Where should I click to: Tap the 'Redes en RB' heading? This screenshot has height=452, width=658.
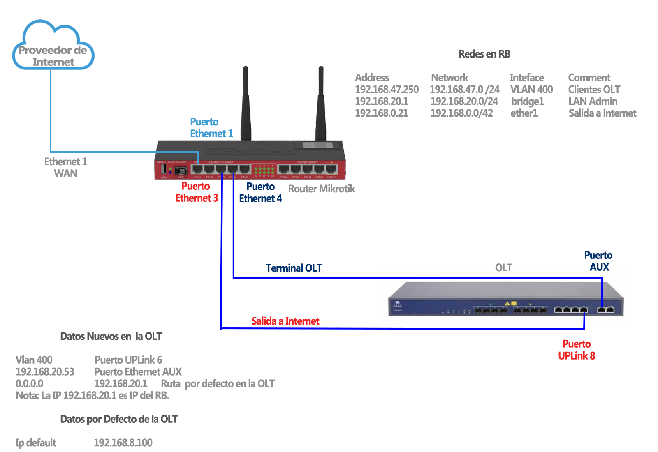click(484, 54)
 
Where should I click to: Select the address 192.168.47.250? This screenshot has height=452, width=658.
click(387, 90)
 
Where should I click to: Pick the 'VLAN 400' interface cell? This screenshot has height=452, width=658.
click(531, 90)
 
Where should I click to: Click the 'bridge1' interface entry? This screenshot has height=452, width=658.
click(527, 101)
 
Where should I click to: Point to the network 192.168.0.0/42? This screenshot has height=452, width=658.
click(461, 113)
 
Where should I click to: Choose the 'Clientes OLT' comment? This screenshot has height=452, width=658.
click(594, 90)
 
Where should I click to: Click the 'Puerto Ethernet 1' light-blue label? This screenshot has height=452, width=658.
click(211, 128)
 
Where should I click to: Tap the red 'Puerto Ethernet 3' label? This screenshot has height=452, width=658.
click(197, 192)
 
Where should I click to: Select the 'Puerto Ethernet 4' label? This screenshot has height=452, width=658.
click(260, 193)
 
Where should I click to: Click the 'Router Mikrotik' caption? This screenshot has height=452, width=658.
click(321, 189)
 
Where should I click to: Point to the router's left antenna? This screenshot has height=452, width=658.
click(246, 103)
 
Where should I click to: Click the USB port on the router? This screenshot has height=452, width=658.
click(164, 169)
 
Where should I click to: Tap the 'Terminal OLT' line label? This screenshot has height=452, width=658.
click(294, 268)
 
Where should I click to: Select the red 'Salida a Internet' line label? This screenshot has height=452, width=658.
click(285, 321)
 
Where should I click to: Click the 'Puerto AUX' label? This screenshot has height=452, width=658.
click(598, 261)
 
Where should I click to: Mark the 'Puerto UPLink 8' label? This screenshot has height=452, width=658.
click(577, 350)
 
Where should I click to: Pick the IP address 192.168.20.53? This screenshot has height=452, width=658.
click(45, 372)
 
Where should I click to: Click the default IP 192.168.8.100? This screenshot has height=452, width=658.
click(123, 443)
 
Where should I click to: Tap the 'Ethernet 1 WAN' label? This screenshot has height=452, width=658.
click(65, 168)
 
